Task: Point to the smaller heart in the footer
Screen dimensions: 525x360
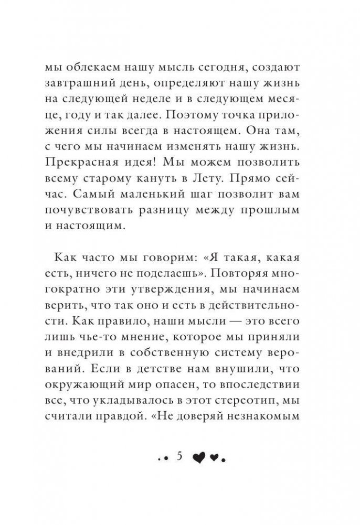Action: (214, 458)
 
